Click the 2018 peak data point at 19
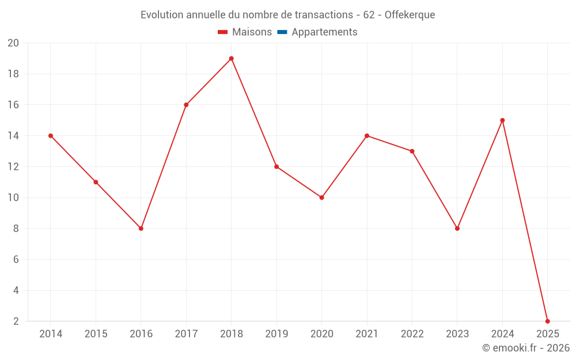(231, 58)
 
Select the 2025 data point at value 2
(547, 321)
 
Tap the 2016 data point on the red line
(141, 228)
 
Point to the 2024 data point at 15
(502, 120)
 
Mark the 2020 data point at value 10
(321, 198)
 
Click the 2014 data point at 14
(51, 136)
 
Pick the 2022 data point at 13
(412, 151)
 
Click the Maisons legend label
(252, 32)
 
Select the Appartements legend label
(324, 32)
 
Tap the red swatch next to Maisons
(223, 32)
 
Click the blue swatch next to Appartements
(282, 32)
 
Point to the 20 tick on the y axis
(13, 43)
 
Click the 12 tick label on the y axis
(13, 167)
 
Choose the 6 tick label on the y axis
(16, 260)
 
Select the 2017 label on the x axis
(186, 334)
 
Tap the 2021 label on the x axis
(367, 334)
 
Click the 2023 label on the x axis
(457, 334)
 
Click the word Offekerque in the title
(410, 15)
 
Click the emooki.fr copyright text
(526, 348)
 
